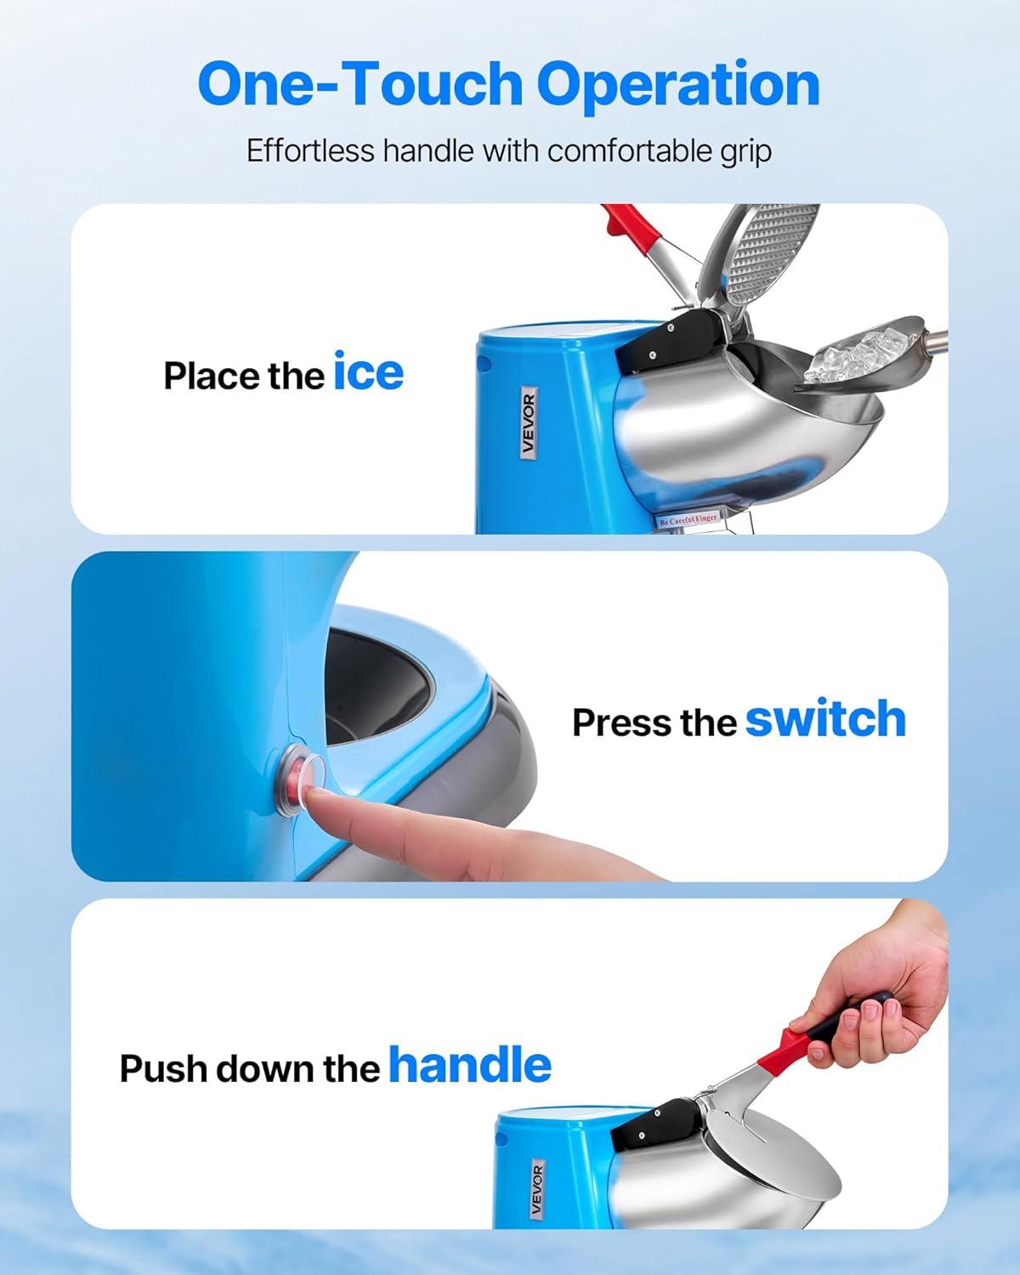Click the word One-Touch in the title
point(360,84)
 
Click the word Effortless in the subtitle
point(310,150)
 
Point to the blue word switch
point(825,718)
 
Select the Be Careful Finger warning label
point(688,519)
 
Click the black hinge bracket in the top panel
point(671,342)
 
